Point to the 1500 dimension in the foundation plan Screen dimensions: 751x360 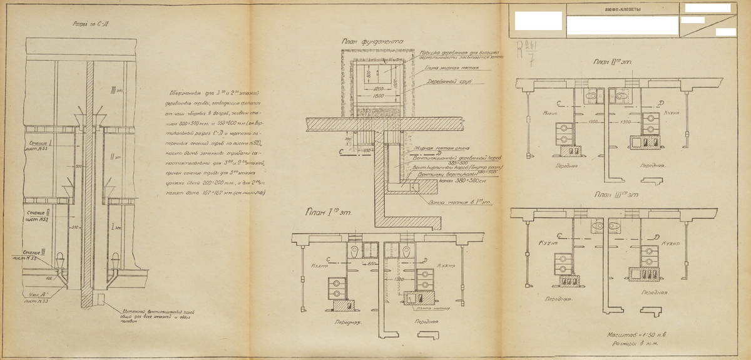(379, 98)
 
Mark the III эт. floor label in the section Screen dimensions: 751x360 (113, 89)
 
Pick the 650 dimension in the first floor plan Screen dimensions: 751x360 (372, 264)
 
